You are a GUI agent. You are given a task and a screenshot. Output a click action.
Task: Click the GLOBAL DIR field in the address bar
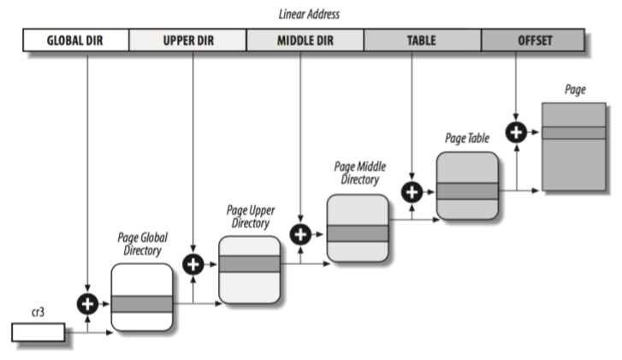74,40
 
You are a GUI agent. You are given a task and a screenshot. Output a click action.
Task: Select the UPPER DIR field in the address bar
187,40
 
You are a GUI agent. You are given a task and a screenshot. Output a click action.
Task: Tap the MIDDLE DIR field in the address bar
305,40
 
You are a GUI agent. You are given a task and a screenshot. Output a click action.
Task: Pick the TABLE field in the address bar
423,40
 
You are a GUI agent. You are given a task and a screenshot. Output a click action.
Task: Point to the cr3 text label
39,314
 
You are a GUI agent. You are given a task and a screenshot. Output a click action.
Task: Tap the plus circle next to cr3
88,304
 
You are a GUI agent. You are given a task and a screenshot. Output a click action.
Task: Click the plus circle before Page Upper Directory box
194,264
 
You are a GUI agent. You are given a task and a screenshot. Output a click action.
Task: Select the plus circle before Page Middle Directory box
301,233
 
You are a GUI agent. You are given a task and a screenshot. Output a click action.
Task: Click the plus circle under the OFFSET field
516,132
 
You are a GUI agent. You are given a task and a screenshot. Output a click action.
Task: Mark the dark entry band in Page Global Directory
142,304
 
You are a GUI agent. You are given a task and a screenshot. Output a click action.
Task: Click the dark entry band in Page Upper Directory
249,263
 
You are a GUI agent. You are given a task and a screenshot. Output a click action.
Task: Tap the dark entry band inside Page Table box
467,190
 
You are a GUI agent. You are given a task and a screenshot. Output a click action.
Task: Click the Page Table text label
467,137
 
